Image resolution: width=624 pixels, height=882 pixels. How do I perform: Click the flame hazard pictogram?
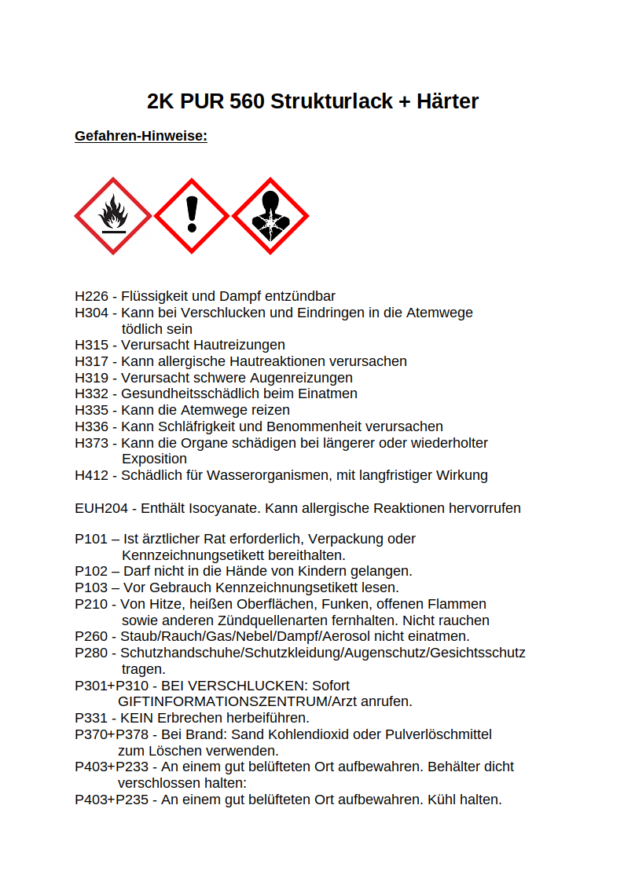[113, 216]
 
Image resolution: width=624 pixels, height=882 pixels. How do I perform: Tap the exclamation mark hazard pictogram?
[192, 216]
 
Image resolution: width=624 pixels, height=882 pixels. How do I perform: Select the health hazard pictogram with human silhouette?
[270, 216]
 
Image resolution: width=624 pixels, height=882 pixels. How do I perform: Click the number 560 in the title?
[247, 101]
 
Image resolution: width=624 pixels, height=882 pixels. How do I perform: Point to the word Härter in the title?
[448, 101]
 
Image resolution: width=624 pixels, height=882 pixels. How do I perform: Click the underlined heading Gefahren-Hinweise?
[141, 137]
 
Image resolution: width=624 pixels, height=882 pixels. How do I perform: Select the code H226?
[91, 296]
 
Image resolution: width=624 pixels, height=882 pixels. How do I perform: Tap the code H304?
[91, 313]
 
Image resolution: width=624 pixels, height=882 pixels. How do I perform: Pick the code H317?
[91, 361]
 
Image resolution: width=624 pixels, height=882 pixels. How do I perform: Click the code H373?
[91, 443]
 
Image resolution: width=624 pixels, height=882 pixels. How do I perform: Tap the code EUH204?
[101, 508]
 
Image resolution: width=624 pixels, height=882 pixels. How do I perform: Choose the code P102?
[91, 571]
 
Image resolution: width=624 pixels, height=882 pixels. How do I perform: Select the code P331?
[91, 718]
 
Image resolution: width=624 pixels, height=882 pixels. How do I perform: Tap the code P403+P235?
[112, 800]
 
